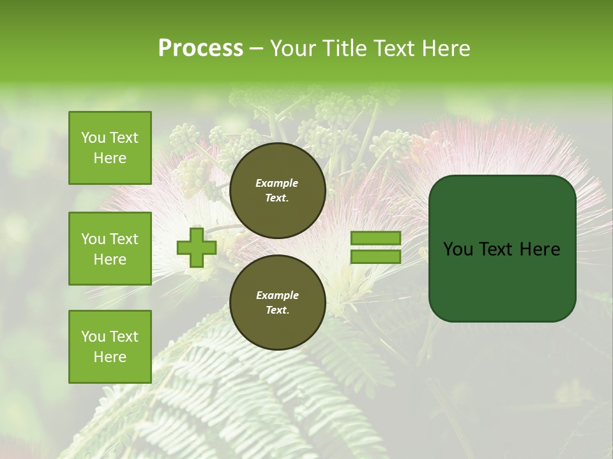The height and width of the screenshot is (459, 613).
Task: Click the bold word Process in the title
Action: point(201,48)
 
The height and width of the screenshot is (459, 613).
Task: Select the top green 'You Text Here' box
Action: point(110,148)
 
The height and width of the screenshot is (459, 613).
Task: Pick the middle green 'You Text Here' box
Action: point(110,249)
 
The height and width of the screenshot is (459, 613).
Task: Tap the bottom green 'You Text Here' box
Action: point(110,346)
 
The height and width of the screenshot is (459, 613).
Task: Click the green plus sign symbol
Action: point(197,248)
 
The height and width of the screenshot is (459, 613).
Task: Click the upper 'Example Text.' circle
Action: point(277,190)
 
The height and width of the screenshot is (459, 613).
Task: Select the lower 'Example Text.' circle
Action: point(277,302)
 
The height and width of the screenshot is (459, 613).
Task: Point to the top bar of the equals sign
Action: point(375,238)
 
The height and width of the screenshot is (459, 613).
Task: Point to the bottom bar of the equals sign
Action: point(375,257)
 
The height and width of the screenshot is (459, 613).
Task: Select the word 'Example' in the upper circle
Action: point(277,183)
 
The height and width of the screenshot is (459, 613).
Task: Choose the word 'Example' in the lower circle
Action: point(277,295)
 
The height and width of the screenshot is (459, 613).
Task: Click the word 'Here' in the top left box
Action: point(110,158)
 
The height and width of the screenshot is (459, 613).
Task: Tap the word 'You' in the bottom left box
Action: point(93,336)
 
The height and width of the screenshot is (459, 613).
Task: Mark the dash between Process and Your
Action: point(257,48)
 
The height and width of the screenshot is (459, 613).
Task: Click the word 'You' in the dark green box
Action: point(458,249)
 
